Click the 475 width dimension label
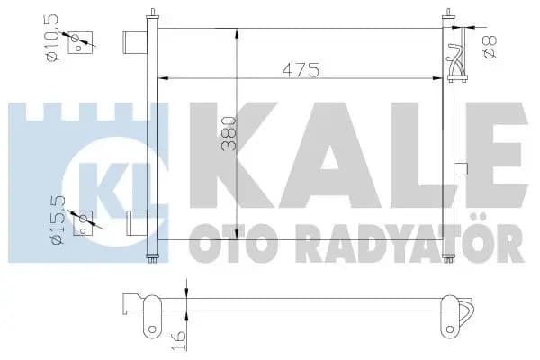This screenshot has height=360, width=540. point(301,70)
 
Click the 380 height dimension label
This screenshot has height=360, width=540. point(229,134)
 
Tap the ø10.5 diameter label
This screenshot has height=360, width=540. point(53,38)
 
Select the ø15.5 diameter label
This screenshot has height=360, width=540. point(58,220)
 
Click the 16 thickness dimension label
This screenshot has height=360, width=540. point(179,339)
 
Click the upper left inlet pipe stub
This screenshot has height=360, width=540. point(135,42)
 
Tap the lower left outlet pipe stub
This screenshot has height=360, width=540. point(137,223)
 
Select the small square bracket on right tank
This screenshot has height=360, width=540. point(461,169)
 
